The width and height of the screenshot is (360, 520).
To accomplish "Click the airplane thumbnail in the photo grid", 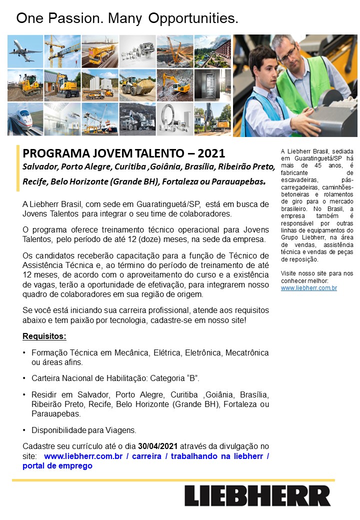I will point(25,51).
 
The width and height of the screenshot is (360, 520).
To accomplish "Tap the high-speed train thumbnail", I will point(25,119).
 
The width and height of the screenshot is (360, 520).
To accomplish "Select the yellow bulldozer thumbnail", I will point(25,85).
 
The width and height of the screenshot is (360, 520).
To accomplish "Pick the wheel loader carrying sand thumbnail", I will point(137,85).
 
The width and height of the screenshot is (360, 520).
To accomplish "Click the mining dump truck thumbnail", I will point(137,119).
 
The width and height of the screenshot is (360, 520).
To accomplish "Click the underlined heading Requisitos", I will point(44,335).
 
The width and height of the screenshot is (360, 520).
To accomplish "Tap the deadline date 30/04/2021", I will point(158,446).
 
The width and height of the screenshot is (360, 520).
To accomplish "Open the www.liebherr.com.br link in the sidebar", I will point(308,288).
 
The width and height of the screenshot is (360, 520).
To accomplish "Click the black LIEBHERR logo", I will point(257,495).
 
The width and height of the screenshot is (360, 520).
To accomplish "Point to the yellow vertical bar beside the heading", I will point(18,168).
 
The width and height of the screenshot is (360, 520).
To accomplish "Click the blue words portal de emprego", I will point(57,465).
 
